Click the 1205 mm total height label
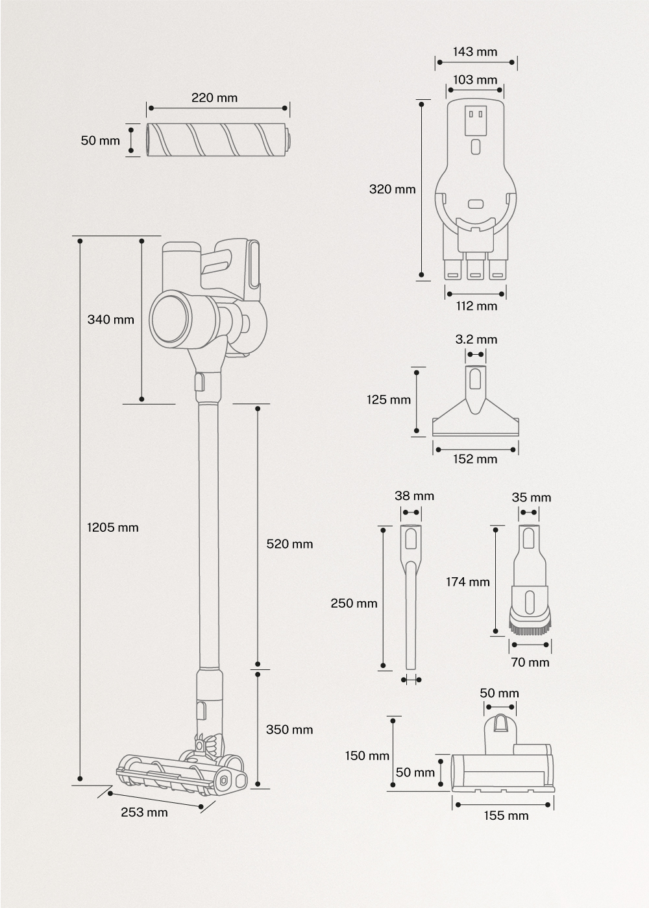[x=113, y=527]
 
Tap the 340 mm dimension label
[x=110, y=319]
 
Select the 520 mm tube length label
[x=289, y=544]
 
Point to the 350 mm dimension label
[x=289, y=730]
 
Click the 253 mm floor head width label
[x=144, y=812]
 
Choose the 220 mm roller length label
[x=214, y=98]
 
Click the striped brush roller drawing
[x=217, y=139]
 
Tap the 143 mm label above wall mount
[x=475, y=52]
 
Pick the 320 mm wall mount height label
[x=392, y=189]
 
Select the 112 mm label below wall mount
[x=476, y=305]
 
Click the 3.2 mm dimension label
[x=476, y=339]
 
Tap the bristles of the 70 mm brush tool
[x=530, y=627]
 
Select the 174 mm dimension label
[x=467, y=582]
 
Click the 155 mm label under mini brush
[x=506, y=816]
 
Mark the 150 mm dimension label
[x=367, y=756]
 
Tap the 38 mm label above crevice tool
[x=414, y=496]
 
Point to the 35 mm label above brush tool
[x=531, y=497]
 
